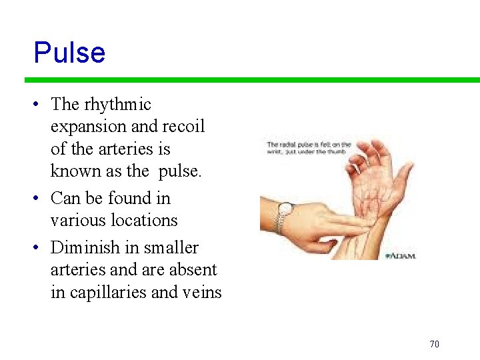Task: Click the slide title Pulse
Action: pyautogui.click(x=69, y=53)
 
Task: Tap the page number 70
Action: pyautogui.click(x=434, y=344)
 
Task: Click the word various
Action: pyautogui.click(x=78, y=220)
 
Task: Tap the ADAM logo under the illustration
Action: pyautogui.click(x=400, y=256)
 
